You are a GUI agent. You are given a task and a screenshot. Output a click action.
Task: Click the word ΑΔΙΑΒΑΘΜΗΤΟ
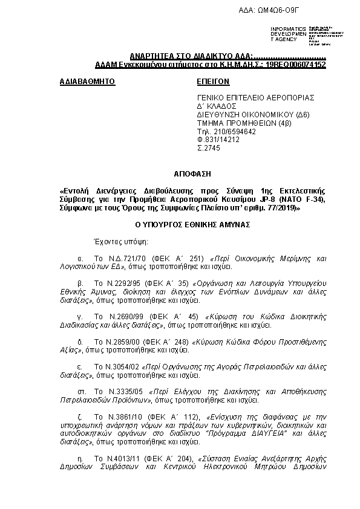pos(87,80)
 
